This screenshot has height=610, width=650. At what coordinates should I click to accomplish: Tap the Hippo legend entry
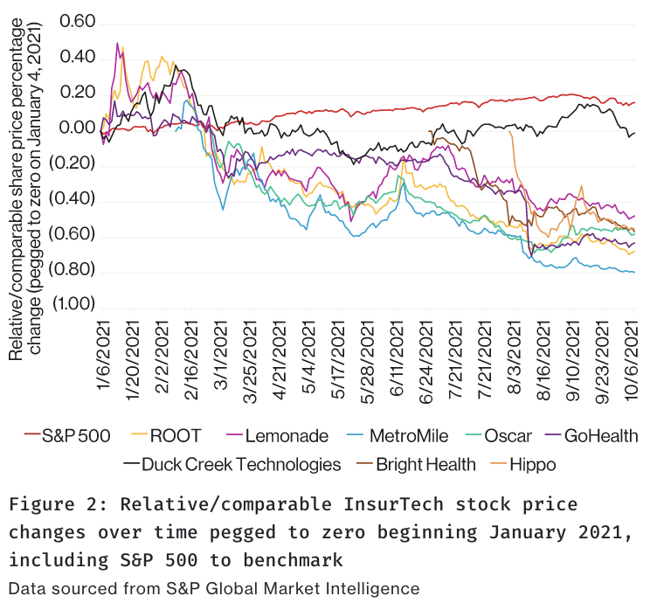[529, 464]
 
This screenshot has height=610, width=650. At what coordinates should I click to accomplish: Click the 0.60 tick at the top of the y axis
[75, 21]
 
